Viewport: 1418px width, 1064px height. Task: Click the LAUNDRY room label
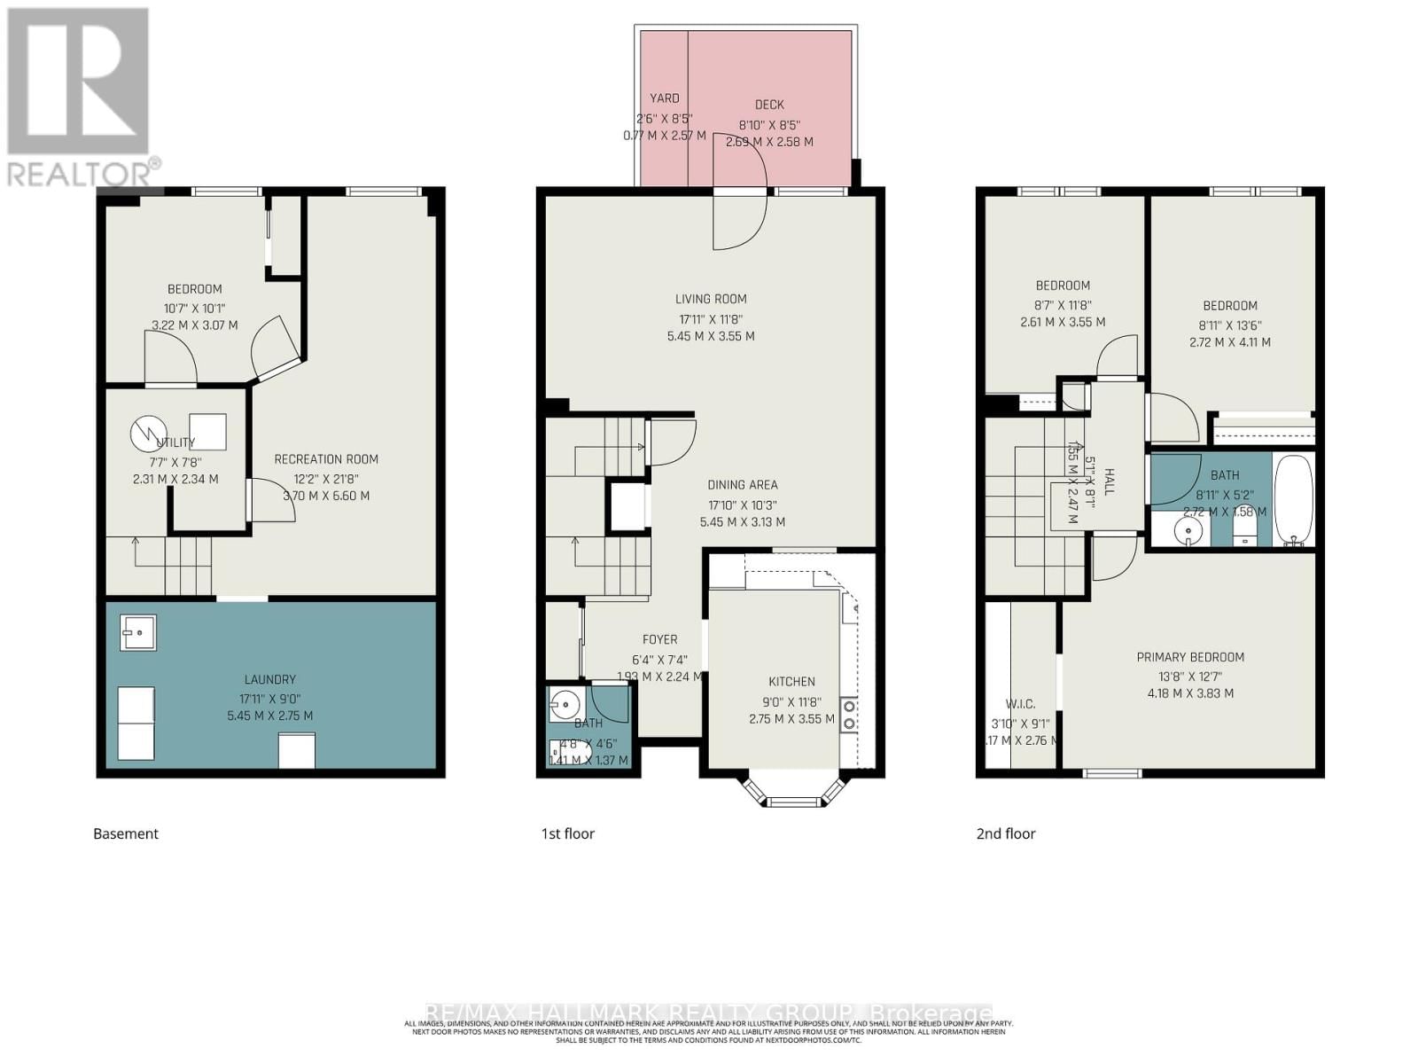[270, 679]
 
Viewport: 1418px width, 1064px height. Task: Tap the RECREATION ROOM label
[326, 459]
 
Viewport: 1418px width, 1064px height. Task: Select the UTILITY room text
[176, 442]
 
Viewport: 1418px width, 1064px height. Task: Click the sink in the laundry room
[138, 633]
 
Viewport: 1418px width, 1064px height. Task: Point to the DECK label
[769, 105]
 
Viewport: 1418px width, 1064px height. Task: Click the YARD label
[665, 98]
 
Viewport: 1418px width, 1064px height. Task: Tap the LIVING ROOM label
[711, 299]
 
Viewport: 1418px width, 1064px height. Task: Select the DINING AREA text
[743, 485]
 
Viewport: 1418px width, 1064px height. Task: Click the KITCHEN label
[791, 682]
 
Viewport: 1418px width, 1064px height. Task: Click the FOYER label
[659, 639]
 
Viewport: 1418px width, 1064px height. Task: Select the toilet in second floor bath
[1245, 531]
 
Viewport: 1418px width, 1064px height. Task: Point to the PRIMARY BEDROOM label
[1190, 657]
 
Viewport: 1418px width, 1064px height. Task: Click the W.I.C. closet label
[1020, 704]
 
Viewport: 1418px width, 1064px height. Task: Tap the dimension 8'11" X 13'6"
[1230, 325]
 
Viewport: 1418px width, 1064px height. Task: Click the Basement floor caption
[126, 833]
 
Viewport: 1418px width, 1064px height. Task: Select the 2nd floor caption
[1006, 833]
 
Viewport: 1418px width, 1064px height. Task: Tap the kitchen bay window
[791, 793]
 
